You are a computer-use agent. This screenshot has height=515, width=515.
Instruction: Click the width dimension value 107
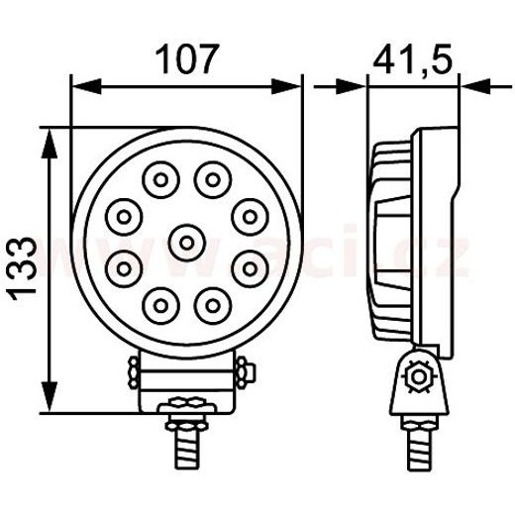pos(187,59)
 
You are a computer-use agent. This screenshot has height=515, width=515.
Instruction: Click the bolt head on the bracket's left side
pos(132,373)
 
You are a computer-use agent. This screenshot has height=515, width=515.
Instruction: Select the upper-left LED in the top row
pos(158,180)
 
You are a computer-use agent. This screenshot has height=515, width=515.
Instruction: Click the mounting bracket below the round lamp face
pos(186,381)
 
